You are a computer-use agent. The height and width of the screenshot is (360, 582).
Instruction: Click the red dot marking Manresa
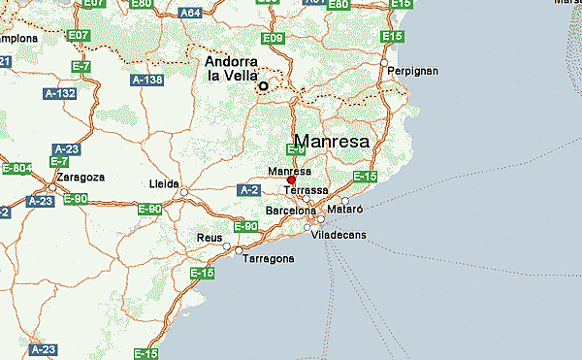(x=291, y=180)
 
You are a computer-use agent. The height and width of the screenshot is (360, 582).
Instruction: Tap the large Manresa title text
(x=331, y=142)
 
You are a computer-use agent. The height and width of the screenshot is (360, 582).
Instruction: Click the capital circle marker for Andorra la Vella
(x=263, y=86)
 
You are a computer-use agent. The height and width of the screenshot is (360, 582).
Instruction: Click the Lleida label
(x=160, y=182)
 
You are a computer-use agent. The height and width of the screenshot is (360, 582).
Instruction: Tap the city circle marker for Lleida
(x=184, y=192)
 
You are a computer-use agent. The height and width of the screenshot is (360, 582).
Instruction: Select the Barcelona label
(x=291, y=211)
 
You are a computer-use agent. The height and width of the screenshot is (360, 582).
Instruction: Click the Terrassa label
(x=306, y=190)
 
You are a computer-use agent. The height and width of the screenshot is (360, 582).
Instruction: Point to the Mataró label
(x=345, y=209)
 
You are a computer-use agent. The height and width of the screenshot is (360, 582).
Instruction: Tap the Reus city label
(x=209, y=238)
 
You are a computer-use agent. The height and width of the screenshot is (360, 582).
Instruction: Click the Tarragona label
(x=269, y=259)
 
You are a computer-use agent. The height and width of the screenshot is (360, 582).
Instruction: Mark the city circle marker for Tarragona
(x=239, y=251)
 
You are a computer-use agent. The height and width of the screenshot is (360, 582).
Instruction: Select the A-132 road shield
(x=59, y=94)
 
